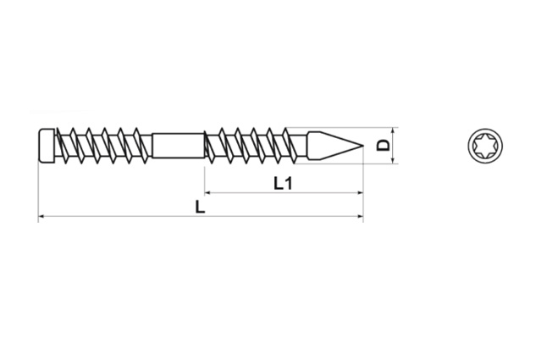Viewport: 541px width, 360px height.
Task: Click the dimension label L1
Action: point(284,183)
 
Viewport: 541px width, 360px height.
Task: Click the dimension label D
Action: point(383,146)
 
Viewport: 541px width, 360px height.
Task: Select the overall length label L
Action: point(200,207)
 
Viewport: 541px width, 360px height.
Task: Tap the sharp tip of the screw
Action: point(363,146)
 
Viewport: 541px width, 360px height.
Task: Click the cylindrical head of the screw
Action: point(47,146)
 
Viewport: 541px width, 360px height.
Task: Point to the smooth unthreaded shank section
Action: point(178,146)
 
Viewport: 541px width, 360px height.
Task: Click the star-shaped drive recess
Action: point(485,146)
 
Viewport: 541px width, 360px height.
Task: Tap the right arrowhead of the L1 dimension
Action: point(360,192)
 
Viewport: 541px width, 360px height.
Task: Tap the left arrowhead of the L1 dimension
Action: point(207,192)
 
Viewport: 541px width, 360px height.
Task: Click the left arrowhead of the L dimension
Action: point(41,216)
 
